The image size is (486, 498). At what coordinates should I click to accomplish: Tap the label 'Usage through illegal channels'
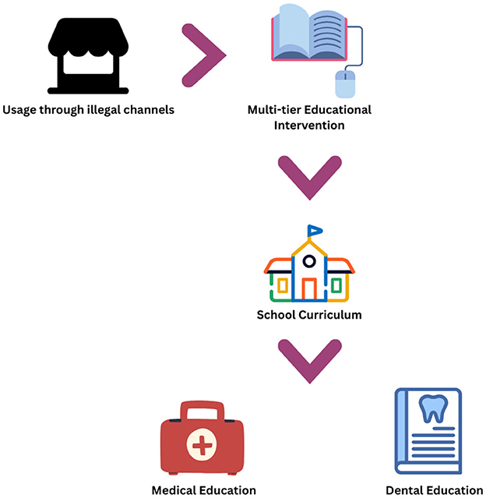coord(88,110)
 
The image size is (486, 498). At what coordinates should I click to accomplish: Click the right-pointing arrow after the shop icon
coord(203,55)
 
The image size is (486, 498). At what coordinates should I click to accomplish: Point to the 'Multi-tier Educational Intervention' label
coord(309,117)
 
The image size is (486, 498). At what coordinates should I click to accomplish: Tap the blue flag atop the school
coord(315,231)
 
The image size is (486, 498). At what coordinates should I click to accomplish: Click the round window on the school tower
coord(309,261)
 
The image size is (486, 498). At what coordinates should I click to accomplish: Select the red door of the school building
coord(309,289)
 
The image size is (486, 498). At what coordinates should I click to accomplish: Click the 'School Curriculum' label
coord(309,316)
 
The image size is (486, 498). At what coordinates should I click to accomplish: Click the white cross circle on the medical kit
coord(202,447)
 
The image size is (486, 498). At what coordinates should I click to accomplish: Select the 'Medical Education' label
coord(203,490)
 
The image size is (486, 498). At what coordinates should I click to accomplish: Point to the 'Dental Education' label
coord(435,490)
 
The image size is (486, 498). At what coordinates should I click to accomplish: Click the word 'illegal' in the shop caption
coord(112,110)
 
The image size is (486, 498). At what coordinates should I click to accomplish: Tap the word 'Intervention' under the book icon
coord(309,125)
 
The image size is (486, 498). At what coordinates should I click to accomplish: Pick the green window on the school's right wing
coord(336,285)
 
